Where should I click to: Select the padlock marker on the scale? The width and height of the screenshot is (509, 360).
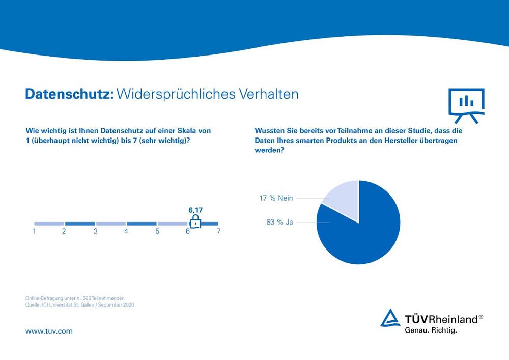[195, 221]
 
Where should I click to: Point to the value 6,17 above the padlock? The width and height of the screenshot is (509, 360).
[195, 209]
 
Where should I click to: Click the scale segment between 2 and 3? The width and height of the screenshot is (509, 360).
[80, 224]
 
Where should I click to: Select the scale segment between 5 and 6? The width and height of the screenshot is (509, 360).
[173, 224]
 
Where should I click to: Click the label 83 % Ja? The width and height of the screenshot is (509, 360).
[279, 222]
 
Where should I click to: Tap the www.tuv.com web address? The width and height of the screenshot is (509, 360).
[49, 331]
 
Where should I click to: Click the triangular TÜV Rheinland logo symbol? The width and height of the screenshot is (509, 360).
[391, 318]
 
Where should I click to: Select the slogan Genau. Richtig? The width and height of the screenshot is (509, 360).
[431, 330]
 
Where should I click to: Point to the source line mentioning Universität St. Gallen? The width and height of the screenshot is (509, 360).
[79, 305]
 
